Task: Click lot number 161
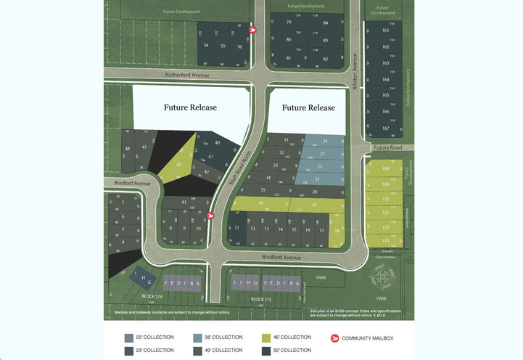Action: click(x=385, y=31)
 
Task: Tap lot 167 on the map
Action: click(x=385, y=128)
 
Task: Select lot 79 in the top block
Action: click(x=289, y=23)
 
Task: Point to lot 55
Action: click(x=223, y=45)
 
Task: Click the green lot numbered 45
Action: click(x=179, y=165)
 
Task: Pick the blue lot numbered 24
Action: click(x=324, y=141)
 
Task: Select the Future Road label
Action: click(x=387, y=147)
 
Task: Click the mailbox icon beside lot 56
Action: click(x=252, y=30)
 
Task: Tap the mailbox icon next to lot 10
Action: click(x=210, y=215)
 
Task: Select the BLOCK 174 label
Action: click(x=154, y=297)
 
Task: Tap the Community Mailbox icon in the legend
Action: click(x=335, y=337)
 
